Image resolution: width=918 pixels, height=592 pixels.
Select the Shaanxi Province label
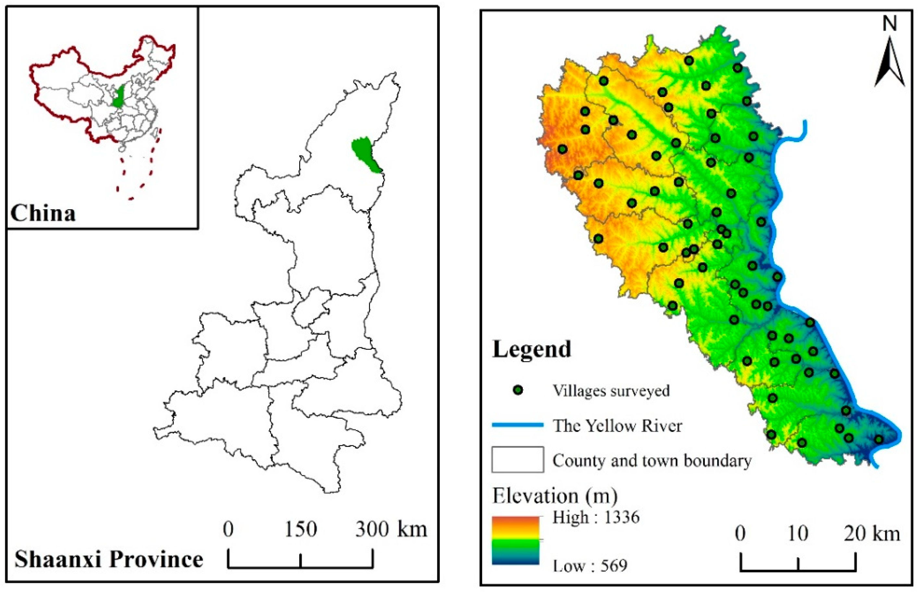point(109,560)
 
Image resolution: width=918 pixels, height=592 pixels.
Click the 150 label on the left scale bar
point(300,529)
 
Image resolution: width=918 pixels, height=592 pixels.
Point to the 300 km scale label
point(391,529)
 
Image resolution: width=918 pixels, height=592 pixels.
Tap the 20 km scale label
point(872,534)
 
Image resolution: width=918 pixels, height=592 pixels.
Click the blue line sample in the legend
point(518,425)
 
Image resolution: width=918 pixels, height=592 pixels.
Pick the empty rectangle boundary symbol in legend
point(518,459)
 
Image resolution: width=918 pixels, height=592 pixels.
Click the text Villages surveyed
point(611,390)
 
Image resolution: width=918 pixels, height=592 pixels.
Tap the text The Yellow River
point(617,425)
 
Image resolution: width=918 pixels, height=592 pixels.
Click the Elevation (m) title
point(555,496)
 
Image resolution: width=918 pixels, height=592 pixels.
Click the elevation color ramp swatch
point(515,540)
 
